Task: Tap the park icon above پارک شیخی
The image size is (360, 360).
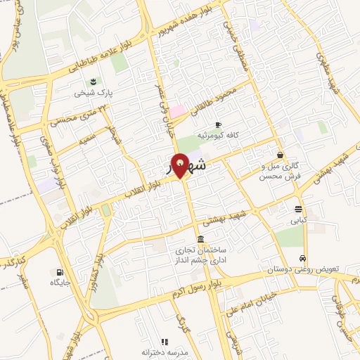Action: point(94,81)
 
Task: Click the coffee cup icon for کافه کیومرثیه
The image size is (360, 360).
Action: point(218,124)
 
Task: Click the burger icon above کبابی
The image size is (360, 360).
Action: point(299,209)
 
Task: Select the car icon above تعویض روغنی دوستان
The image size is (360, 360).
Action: point(303,258)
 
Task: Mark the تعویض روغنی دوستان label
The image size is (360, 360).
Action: point(311,269)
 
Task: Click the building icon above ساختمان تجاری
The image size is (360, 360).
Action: point(201,238)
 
